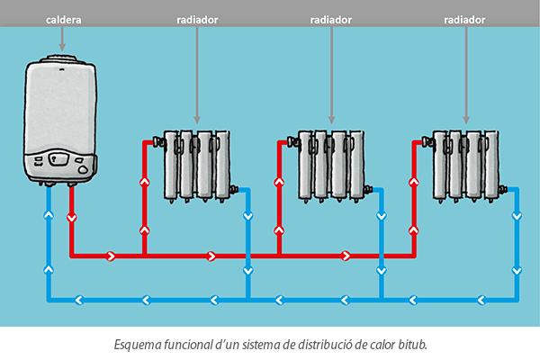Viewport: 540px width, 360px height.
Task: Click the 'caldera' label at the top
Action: tap(62, 18)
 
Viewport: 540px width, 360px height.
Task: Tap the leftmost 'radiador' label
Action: tap(196, 18)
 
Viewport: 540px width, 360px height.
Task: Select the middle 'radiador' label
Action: tap(331, 18)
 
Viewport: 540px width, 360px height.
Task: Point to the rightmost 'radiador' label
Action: tap(466, 18)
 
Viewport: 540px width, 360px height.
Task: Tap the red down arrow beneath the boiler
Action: tap(71, 217)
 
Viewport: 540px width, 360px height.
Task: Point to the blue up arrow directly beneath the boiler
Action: tap(49, 217)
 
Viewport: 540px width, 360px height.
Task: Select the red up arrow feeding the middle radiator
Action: tap(279, 182)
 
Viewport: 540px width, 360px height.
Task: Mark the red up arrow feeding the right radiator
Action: tap(414, 182)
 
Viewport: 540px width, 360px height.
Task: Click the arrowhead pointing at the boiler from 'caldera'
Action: tap(62, 46)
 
